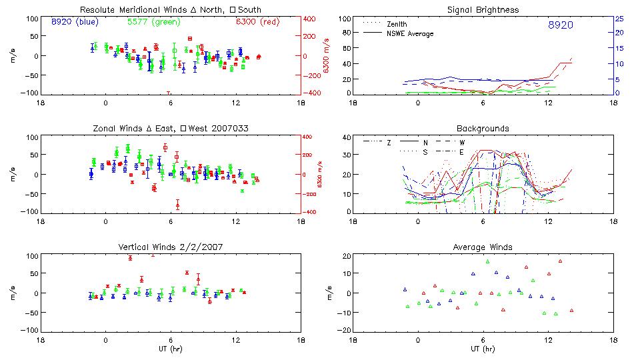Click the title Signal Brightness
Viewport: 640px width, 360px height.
click(x=483, y=10)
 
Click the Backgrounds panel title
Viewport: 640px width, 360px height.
click(x=483, y=128)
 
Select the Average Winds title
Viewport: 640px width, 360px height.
click(x=483, y=247)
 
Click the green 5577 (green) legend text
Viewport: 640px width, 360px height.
click(x=153, y=21)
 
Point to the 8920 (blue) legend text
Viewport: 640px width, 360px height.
click(x=75, y=21)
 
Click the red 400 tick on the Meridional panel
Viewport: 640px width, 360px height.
click(x=311, y=19)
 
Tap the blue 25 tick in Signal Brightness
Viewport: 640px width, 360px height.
click(x=619, y=19)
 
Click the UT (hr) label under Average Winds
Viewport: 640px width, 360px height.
click(x=483, y=349)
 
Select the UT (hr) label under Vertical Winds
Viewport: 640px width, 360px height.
click(x=171, y=349)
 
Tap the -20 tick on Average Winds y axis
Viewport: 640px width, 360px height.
click(x=345, y=330)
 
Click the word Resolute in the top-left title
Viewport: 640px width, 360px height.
click(x=97, y=10)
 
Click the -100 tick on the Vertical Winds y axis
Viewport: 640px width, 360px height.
click(x=30, y=330)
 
